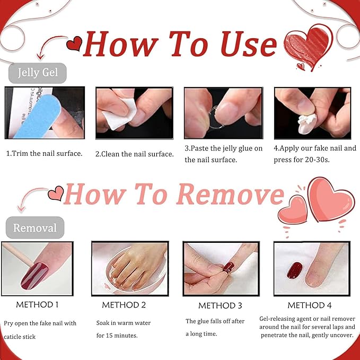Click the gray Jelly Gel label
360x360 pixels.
tap(37, 73)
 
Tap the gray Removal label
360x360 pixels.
tap(35, 228)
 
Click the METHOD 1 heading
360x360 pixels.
tap(37, 305)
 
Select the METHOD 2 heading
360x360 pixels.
tap(124, 305)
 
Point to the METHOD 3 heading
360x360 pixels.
tap(220, 306)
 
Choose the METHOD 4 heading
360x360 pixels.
tap(310, 305)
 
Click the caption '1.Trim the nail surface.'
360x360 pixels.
tap(44, 154)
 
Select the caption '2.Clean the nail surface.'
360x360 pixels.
tap(134, 154)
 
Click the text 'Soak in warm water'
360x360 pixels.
tap(124, 323)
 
